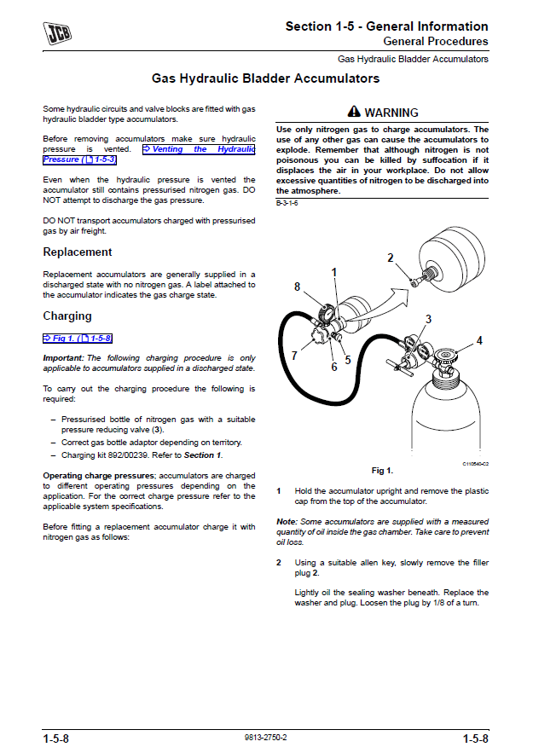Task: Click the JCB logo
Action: click(58, 33)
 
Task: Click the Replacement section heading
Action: click(78, 252)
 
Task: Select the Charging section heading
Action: click(67, 316)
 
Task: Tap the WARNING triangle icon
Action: click(355, 112)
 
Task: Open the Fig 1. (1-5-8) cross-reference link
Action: click(78, 339)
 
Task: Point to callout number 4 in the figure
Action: click(479, 340)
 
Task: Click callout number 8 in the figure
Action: click(297, 287)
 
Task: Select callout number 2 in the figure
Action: click(390, 258)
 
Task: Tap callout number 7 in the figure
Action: click(294, 356)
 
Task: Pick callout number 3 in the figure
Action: click(428, 319)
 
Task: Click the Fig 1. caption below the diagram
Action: click(382, 471)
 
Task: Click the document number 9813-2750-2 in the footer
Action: click(265, 737)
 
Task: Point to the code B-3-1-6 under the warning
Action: click(287, 204)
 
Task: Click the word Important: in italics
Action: click(63, 358)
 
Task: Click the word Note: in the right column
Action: click(287, 522)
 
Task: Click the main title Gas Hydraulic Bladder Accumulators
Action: click(265, 78)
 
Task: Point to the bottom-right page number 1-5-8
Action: click(476, 738)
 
